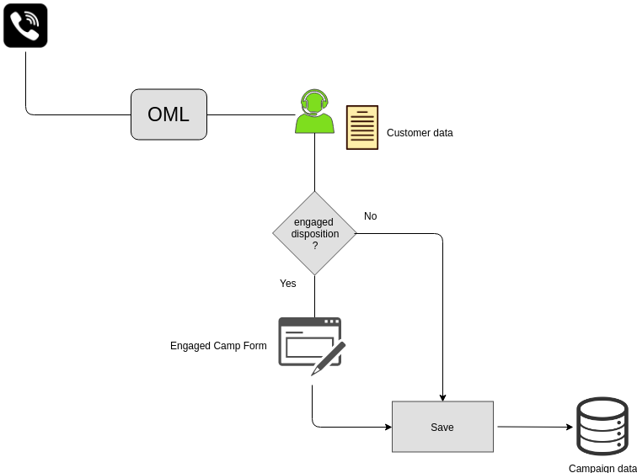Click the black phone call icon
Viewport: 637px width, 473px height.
[25, 25]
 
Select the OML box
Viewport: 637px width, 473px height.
[169, 114]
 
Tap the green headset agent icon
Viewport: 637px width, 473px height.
[315, 111]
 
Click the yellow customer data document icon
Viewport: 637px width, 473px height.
[362, 127]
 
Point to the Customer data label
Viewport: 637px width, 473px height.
[420, 133]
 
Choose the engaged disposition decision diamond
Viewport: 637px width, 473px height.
[315, 233]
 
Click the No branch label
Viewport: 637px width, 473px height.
[371, 216]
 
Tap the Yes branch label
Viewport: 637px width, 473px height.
[287, 284]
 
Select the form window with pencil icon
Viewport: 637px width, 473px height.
[312, 346]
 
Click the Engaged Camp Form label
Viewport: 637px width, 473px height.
[218, 346]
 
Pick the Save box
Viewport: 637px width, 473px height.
[443, 427]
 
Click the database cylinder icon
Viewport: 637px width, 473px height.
[602, 427]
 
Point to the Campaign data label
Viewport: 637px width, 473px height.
[602, 468]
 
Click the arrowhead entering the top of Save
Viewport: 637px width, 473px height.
[443, 397]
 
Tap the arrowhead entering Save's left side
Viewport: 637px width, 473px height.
[388, 427]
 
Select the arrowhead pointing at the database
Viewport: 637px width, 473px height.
[569, 427]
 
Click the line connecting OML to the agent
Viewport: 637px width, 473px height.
[251, 114]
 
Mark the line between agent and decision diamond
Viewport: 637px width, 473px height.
[315, 162]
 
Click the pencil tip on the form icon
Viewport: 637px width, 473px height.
[313, 375]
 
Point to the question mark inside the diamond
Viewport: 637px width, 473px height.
[315, 246]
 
